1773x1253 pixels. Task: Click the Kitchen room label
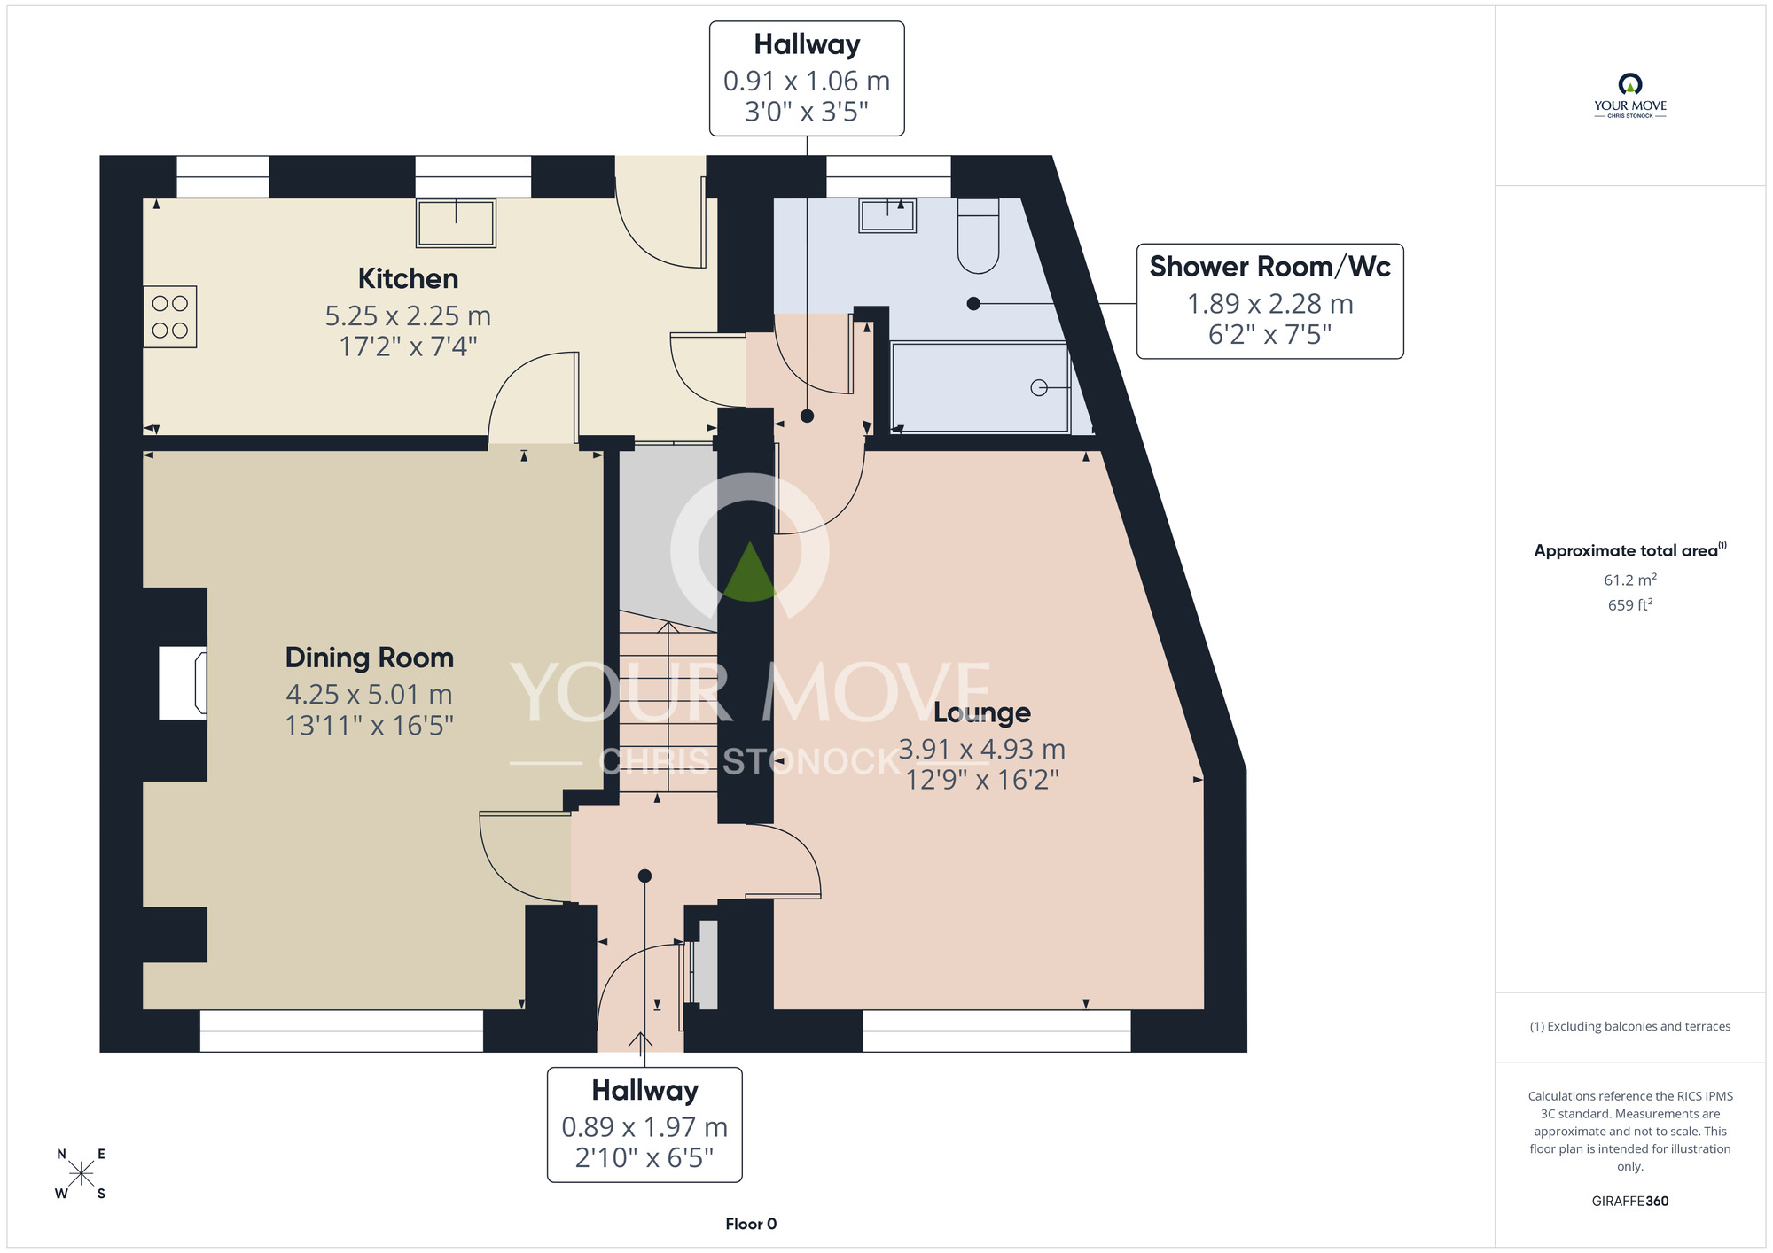point(408,278)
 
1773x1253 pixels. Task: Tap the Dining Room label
point(369,658)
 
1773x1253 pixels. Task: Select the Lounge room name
point(982,712)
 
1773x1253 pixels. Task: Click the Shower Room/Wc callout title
point(1269,267)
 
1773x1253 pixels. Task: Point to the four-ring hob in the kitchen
point(170,316)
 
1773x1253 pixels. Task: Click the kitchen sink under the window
point(457,222)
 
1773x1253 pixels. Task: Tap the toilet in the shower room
point(978,236)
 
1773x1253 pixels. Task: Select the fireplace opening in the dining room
point(183,682)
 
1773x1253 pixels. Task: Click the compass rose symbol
point(81,1174)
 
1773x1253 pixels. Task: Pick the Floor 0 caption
point(751,1224)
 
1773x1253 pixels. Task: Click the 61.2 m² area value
point(1630,580)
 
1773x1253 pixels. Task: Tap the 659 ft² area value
point(1630,605)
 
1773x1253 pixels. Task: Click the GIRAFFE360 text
point(1630,1202)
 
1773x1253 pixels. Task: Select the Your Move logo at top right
point(1630,96)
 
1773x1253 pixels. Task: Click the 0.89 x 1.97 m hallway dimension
point(644,1127)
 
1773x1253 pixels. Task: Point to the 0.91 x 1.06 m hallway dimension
point(807,82)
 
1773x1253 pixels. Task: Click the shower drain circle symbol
point(1039,387)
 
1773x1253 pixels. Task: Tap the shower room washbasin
point(887,215)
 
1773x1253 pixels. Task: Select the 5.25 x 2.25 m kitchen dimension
point(408,315)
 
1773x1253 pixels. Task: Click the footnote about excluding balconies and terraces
point(1630,1026)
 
